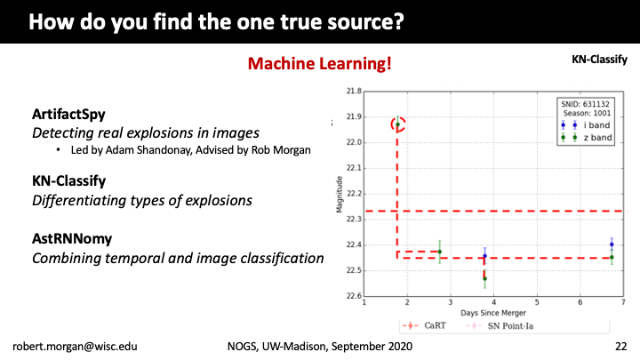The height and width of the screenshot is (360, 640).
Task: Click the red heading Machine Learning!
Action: [320, 64]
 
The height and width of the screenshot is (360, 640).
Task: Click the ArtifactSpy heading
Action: [68, 115]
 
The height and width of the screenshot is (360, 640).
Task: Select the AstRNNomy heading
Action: [72, 238]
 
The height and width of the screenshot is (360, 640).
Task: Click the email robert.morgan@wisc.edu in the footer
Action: [75, 346]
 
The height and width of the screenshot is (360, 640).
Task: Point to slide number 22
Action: [620, 346]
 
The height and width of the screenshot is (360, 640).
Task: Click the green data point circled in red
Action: [397, 124]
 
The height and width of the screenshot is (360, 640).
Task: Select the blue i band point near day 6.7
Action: [612, 244]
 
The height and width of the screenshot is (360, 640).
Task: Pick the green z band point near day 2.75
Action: [440, 252]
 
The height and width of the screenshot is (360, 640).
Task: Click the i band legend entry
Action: [586, 125]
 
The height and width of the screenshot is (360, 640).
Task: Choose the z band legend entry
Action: [587, 138]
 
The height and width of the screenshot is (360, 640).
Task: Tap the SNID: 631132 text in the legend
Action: [585, 104]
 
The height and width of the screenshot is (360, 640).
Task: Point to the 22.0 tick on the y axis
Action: [354, 142]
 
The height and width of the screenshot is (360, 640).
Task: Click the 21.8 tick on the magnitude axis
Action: [354, 91]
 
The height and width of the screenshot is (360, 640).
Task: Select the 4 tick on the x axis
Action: [493, 302]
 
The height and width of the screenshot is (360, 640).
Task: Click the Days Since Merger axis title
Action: [493, 313]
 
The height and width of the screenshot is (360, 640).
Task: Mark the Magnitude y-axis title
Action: [340, 195]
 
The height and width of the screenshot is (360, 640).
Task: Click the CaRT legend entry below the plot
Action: [424, 325]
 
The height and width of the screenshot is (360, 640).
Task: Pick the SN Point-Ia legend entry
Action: [500, 325]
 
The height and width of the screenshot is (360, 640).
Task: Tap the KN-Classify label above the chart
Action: [599, 60]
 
